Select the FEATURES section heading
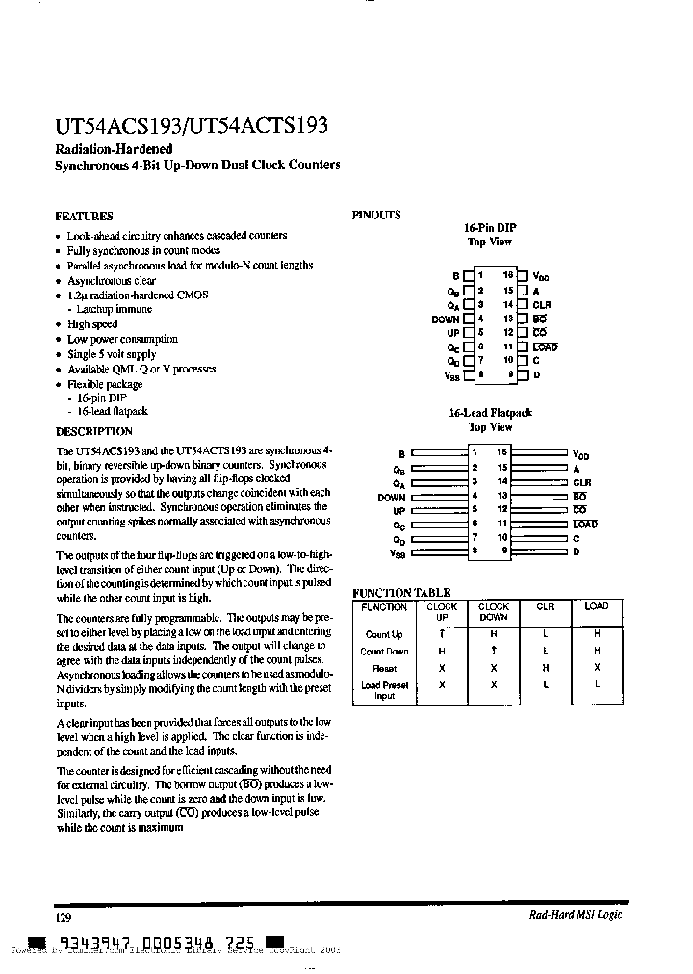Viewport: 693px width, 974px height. point(84,217)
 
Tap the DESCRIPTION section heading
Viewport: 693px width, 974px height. point(94,431)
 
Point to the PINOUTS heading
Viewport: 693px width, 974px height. point(376,216)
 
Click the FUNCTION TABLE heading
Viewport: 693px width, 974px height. point(401,593)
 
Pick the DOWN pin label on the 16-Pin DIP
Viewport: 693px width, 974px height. point(446,319)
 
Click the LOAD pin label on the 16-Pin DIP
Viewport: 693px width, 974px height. point(545,346)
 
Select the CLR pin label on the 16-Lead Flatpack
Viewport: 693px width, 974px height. point(581,481)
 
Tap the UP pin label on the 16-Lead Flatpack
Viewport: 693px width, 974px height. point(398,510)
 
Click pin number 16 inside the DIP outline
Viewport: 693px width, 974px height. point(508,275)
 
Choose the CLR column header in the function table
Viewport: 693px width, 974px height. point(546,607)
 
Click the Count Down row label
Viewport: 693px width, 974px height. point(384,652)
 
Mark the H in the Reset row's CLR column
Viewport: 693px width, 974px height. point(546,667)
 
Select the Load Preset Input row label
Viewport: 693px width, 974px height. point(384,690)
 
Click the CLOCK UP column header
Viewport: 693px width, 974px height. point(442,612)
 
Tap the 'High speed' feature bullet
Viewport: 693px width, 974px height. point(92,325)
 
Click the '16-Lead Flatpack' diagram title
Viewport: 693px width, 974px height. point(490,412)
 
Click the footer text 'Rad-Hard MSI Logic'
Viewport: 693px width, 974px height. point(576,914)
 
